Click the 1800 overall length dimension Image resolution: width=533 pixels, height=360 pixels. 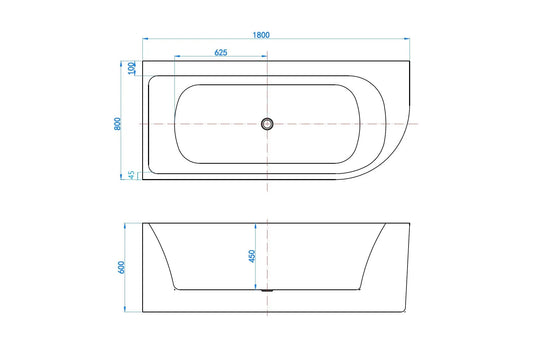261,35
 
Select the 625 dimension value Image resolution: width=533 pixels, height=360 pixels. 221,52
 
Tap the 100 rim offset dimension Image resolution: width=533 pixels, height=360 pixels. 132,68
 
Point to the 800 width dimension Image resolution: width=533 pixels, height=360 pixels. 117,124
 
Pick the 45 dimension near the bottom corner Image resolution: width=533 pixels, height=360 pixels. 131,175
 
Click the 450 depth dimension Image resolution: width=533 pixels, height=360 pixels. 252,256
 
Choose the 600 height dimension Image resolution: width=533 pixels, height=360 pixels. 121,267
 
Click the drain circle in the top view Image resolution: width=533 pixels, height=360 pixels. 267,124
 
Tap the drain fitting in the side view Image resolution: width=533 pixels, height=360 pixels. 267,290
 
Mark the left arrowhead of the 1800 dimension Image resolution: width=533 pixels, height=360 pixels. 145,39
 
